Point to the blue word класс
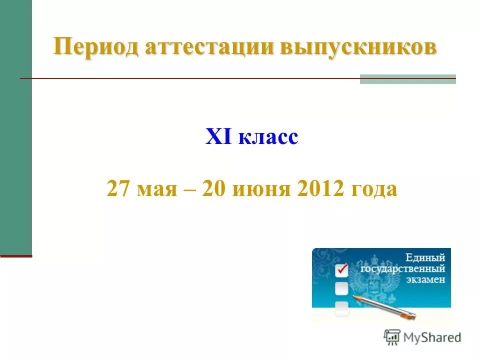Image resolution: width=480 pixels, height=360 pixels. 268,137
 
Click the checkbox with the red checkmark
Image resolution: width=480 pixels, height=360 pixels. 341,270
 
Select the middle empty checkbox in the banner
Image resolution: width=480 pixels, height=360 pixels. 341,288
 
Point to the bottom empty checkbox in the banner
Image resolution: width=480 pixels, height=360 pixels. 341,307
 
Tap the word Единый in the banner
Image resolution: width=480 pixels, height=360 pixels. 425,258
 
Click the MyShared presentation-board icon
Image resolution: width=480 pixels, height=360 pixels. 392,337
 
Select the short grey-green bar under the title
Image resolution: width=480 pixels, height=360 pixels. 407,79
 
